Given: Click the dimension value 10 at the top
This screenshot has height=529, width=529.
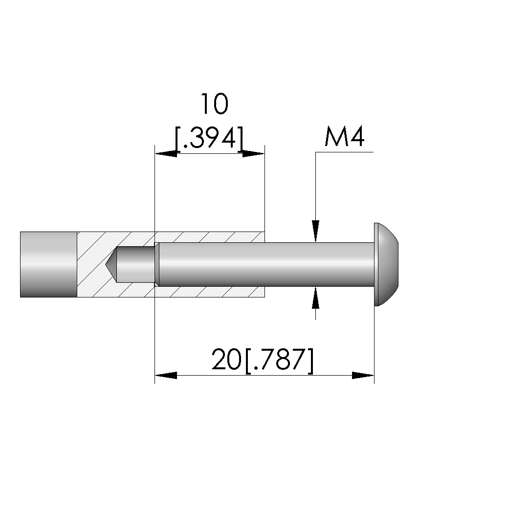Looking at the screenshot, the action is pos(214,104).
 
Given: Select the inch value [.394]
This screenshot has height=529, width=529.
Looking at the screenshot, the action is pos(209,138).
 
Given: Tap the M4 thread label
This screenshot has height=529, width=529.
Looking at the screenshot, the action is pos(344,136).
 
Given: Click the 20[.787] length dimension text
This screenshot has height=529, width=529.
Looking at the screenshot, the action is pos(263,360).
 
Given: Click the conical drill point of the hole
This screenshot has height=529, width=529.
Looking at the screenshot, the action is pos(111,264).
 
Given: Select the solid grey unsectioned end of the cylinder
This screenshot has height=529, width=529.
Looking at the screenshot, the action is pos(48,264).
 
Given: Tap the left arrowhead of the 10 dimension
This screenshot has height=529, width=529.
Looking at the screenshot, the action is pos(166,154).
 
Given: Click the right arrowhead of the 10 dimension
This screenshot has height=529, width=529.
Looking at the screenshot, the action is pos(254,154).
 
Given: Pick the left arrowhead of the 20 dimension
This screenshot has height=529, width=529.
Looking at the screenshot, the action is pos(166,375).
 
